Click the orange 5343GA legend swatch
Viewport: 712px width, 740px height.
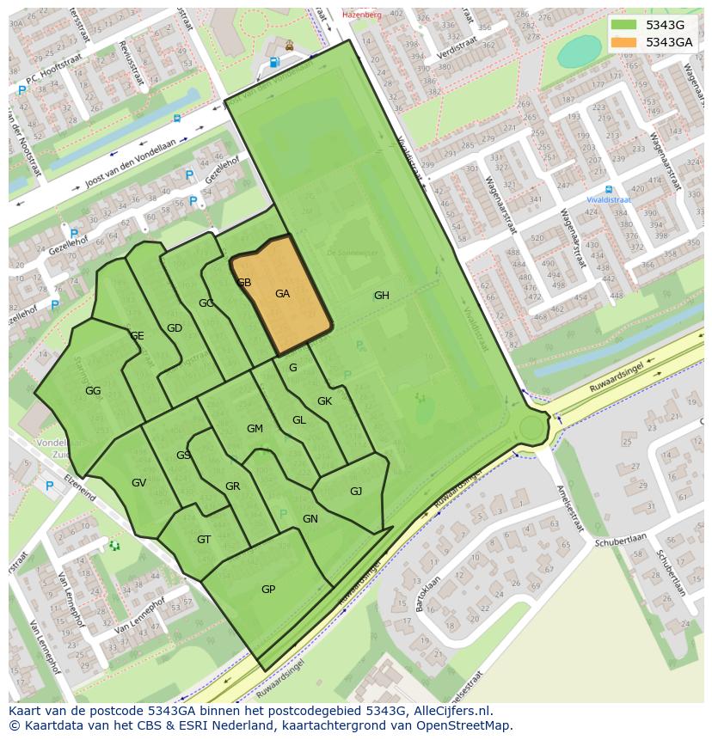pyautogui.click(x=624, y=42)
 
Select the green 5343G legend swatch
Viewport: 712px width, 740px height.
pyautogui.click(x=624, y=25)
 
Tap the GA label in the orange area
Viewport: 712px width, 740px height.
pyautogui.click(x=282, y=294)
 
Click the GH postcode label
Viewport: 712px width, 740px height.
pyautogui.click(x=381, y=296)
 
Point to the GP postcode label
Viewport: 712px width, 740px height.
pyautogui.click(x=268, y=590)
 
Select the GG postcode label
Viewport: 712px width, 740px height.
pyautogui.click(x=93, y=391)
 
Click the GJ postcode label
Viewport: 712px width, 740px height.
pyautogui.click(x=356, y=492)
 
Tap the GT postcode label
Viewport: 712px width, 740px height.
pyautogui.click(x=204, y=540)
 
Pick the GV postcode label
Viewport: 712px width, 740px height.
pyautogui.click(x=138, y=483)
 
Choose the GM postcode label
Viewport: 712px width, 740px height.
pyautogui.click(x=255, y=429)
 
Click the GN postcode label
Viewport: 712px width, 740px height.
pyautogui.click(x=310, y=519)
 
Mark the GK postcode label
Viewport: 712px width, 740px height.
pyautogui.click(x=324, y=401)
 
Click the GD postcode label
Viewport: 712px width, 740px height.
pyautogui.click(x=175, y=328)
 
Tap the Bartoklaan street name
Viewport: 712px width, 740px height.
pyautogui.click(x=421, y=592)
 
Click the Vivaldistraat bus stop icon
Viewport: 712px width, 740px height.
pyautogui.click(x=609, y=189)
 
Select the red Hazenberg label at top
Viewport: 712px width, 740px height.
pyautogui.click(x=361, y=15)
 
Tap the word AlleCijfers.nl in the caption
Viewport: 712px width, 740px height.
pyautogui.click(x=451, y=711)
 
